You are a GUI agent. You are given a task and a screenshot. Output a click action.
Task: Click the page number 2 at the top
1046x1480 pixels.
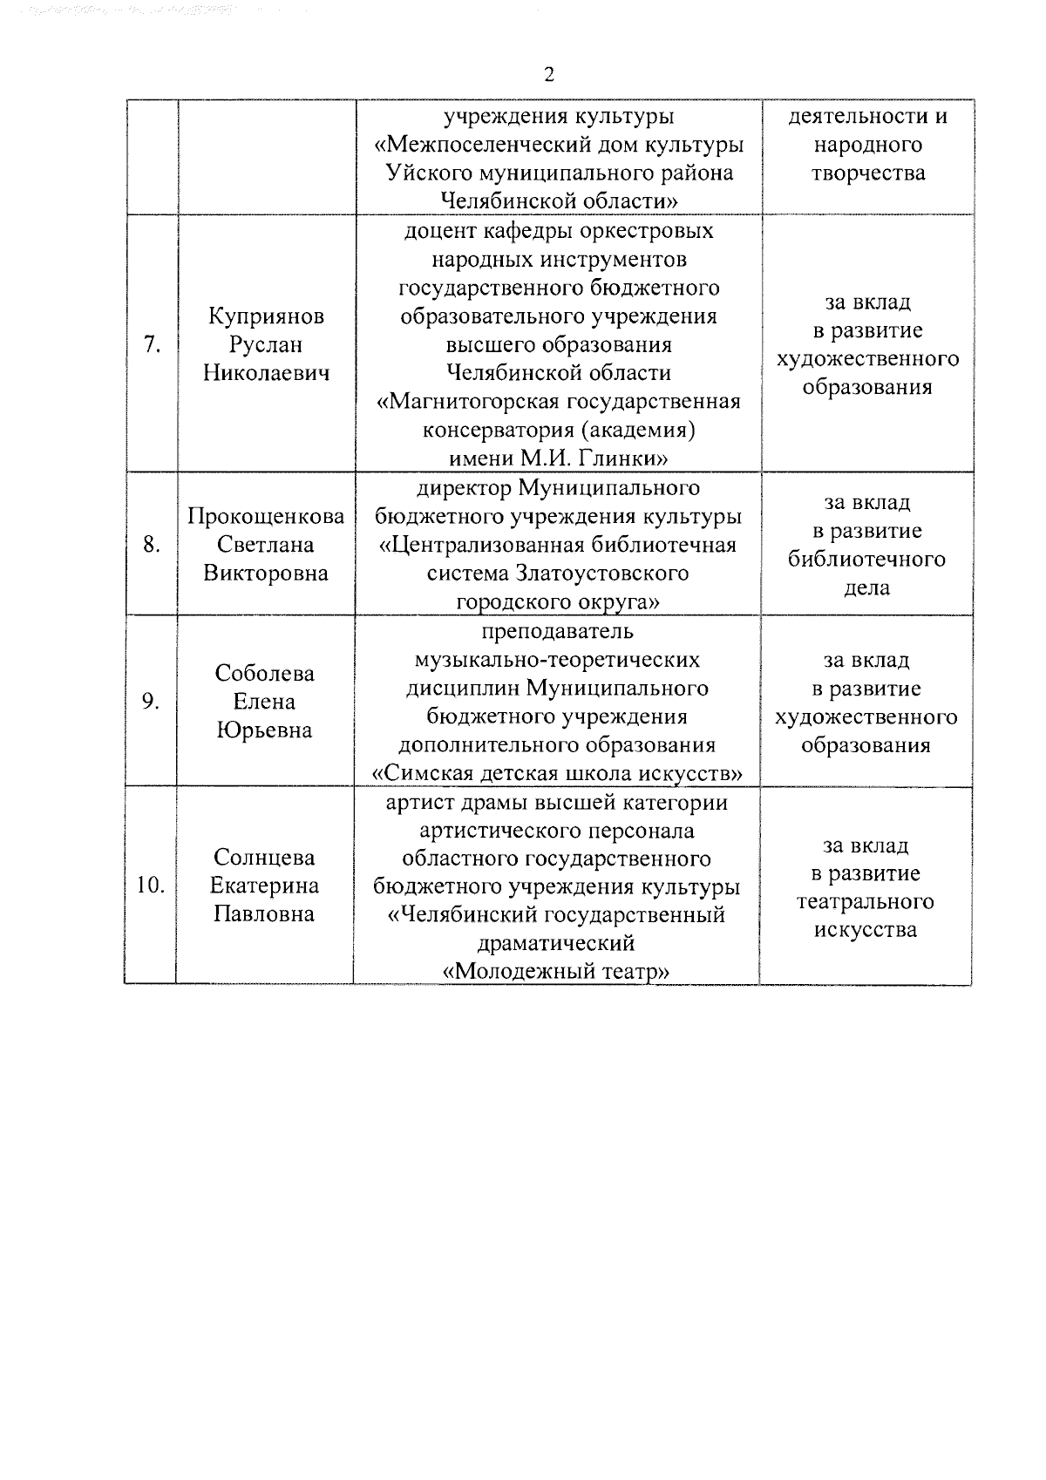[548, 75]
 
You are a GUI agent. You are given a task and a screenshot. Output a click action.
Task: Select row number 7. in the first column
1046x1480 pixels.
[152, 345]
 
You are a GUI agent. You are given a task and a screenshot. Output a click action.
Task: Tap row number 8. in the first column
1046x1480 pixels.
[152, 546]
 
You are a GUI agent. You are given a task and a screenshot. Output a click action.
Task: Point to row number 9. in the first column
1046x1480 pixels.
[152, 703]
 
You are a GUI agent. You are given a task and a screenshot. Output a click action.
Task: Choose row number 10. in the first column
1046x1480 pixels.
[151, 886]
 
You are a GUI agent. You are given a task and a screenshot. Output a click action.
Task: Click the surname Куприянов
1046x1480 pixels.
[267, 316]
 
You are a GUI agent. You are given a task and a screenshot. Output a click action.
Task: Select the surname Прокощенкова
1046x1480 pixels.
[267, 517]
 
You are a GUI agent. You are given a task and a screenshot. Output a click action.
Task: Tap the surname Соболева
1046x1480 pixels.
[265, 674]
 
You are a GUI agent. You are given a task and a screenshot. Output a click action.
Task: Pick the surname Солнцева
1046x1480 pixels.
[264, 858]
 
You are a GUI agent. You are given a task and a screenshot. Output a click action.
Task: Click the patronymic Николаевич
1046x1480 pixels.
[267, 374]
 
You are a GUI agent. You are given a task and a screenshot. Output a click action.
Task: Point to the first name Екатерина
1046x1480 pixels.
[264, 886]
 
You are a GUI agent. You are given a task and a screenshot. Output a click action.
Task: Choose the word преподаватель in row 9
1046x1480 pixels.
[558, 631]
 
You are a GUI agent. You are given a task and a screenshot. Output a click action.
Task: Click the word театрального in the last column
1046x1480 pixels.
[865, 902]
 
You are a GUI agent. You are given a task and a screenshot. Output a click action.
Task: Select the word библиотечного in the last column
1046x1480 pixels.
[866, 560]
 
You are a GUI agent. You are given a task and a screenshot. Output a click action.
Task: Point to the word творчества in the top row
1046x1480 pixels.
[867, 173]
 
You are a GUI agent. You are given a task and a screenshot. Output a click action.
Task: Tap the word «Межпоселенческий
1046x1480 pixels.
[508, 145]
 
